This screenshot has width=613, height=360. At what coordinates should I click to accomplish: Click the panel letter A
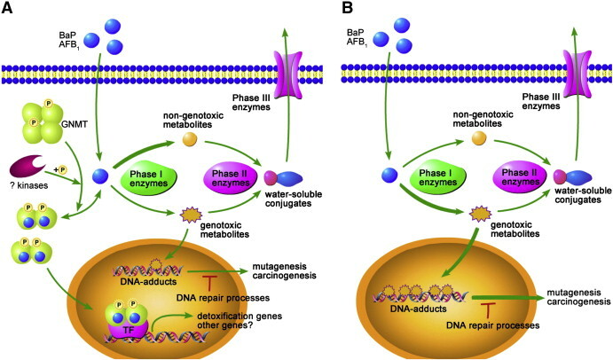coord(8,10)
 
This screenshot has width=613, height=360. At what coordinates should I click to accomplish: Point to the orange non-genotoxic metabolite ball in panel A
coord(189,137)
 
